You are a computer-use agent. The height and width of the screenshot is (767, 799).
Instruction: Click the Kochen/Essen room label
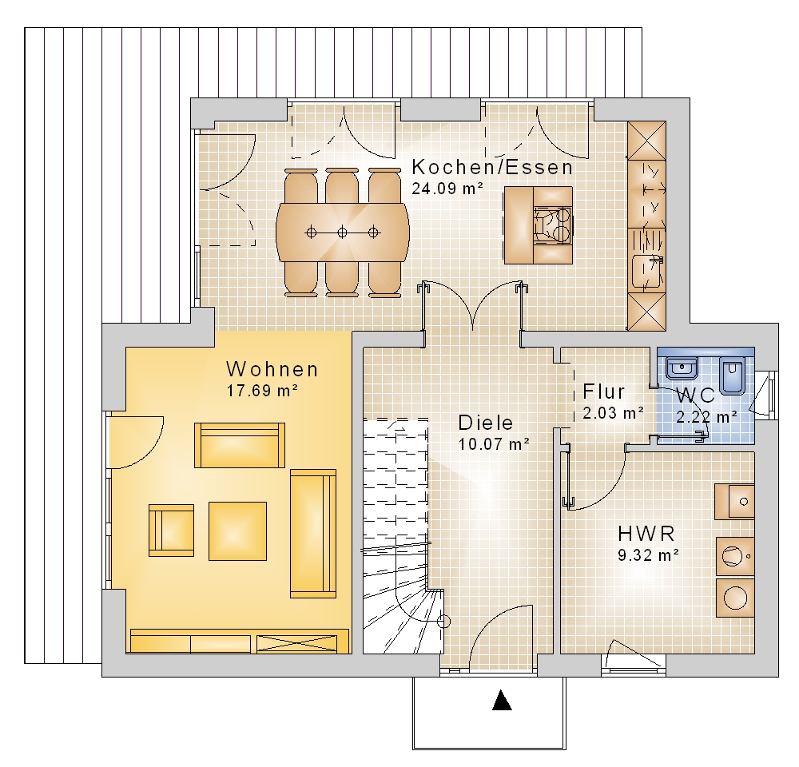pos(492,167)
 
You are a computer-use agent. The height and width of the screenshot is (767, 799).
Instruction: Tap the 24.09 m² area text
pos(447,189)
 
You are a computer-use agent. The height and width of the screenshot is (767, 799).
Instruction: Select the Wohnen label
pos(272,369)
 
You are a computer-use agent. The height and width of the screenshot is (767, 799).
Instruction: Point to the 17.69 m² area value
pos(262,391)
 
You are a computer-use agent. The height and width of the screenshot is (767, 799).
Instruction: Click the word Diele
pos(486,423)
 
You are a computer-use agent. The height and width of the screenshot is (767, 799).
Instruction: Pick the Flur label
pos(604,391)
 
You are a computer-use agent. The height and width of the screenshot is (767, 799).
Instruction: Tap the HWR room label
pos(646,534)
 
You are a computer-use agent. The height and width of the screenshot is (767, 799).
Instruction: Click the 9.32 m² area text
pos(648,555)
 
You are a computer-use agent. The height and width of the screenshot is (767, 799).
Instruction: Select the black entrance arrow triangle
pos(502,700)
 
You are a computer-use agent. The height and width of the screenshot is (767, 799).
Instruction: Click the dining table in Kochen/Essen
pos(343,232)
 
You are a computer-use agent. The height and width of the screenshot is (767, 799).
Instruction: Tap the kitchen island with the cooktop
pos(538,225)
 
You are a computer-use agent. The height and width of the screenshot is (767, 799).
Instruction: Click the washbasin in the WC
pos(682,368)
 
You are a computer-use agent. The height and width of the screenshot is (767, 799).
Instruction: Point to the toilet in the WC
pos(732,375)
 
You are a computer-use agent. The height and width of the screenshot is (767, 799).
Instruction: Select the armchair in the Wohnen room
pos(171,530)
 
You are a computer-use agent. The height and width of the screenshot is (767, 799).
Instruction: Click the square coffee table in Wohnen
pos(237,531)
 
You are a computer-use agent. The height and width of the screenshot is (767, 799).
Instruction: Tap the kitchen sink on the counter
pos(647,271)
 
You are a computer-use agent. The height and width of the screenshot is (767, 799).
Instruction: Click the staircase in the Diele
pos(396,535)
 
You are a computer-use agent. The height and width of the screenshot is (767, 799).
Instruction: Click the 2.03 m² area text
pos(613,413)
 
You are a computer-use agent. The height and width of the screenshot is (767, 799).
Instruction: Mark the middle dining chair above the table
pos(342,187)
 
